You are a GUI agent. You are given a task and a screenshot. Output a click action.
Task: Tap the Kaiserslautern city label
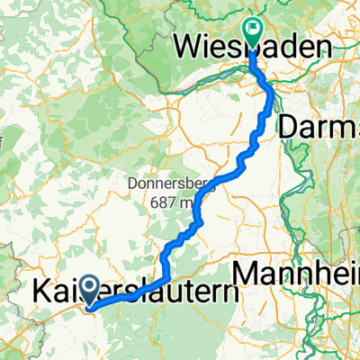pos(135,293)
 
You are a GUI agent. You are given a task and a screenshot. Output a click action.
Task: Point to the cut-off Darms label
pos(319,128)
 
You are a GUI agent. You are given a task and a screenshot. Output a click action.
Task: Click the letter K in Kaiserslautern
pos(41,293)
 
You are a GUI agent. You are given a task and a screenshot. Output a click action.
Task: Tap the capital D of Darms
pos(289,128)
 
